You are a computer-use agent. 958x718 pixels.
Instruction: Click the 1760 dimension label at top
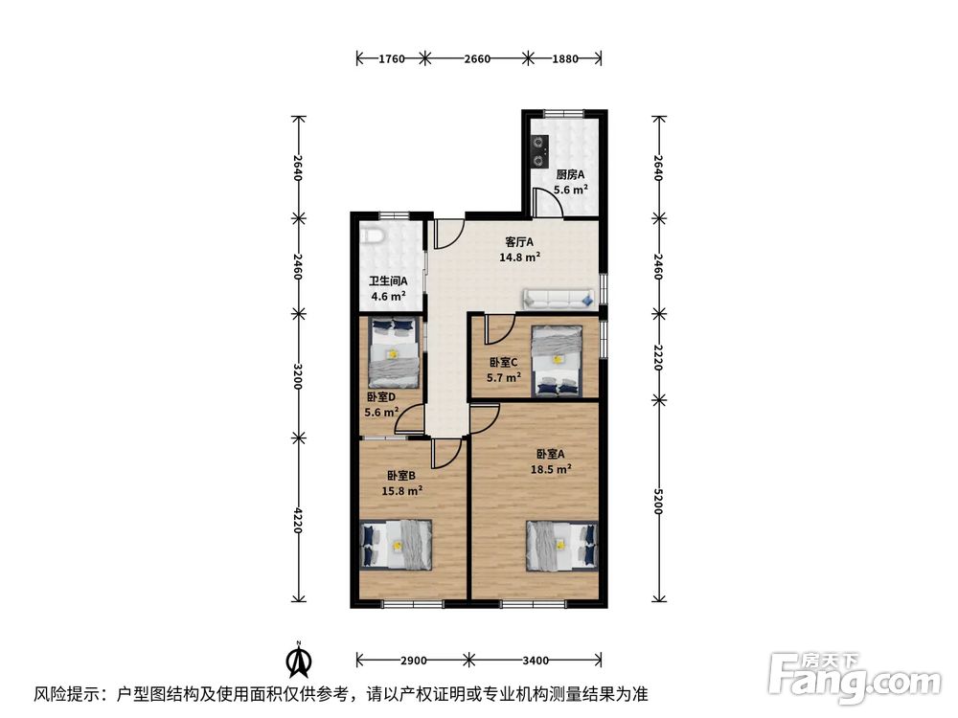(392, 58)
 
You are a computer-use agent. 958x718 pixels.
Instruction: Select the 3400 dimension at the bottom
(536, 660)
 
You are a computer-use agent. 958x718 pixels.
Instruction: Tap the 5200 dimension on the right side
(658, 502)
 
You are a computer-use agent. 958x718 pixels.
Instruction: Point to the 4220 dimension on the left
(298, 520)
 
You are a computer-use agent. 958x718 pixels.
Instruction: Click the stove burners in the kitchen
(538, 151)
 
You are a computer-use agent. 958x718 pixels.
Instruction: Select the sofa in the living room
(559, 299)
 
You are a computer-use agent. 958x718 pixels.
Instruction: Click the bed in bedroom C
(557, 361)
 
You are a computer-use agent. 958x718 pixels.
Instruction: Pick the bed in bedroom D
(394, 353)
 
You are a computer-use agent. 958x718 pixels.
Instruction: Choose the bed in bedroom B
(396, 545)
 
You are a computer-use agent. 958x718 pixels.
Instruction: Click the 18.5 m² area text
(551, 469)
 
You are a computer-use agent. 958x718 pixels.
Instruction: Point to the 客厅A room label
(519, 242)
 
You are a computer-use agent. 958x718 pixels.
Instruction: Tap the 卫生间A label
(388, 281)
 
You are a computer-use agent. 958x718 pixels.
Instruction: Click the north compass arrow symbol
(299, 660)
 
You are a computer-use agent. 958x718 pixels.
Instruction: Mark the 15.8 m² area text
(402, 491)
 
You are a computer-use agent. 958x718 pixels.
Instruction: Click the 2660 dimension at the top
(477, 58)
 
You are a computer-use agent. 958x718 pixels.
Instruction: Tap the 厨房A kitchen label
(571, 174)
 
